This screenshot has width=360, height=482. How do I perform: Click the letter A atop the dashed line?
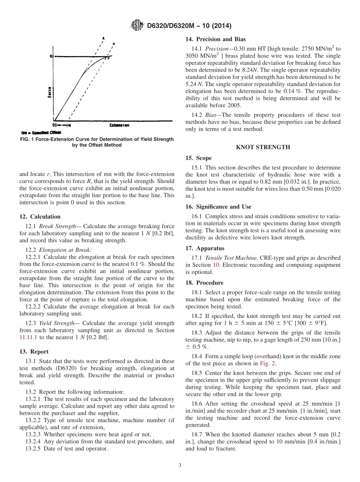pyautogui.click(x=103, y=38)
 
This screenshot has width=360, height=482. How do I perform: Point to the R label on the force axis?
pyautogui.click(x=51, y=56)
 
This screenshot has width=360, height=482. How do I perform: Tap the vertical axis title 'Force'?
pyautogui.click(x=49, y=91)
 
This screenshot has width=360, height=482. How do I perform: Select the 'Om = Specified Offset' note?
pyautogui.click(x=38, y=132)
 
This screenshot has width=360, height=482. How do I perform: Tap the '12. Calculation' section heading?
pyautogui.click(x=40, y=217)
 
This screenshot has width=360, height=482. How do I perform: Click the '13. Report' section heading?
pyautogui.click(x=34, y=352)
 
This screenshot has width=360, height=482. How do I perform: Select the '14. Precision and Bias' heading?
pyautogui.click(x=215, y=39)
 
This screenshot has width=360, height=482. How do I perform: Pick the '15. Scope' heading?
pyautogui.click(x=199, y=158)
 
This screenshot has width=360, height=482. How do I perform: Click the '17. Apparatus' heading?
pyautogui.click(x=205, y=248)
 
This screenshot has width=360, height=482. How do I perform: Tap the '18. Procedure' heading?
pyautogui.click(x=204, y=283)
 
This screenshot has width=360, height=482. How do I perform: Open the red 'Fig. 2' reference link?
pyautogui.click(x=268, y=363)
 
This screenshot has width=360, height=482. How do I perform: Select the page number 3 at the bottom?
pyautogui.click(x=180, y=465)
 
